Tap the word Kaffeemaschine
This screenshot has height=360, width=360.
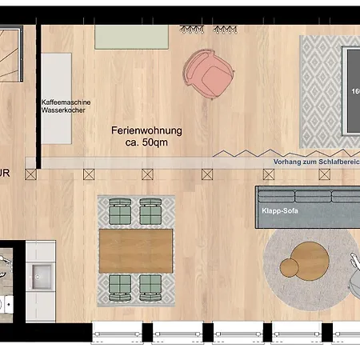click(x=66, y=102)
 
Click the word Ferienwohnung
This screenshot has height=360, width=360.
click(x=146, y=130)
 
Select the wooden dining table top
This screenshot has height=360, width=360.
click(x=135, y=249)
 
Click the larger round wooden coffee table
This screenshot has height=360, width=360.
click(x=310, y=258)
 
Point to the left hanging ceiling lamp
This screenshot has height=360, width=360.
click(x=192, y=29)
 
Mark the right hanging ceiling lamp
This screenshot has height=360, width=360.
click(x=222, y=29)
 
